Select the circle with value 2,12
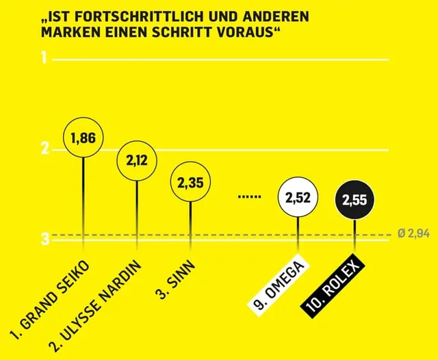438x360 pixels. click(x=137, y=160)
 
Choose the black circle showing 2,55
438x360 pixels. click(x=355, y=201)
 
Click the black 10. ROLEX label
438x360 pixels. click(x=335, y=287)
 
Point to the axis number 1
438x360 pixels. click(x=44, y=59)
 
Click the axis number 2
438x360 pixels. click(x=44, y=149)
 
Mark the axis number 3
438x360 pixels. click(x=44, y=239)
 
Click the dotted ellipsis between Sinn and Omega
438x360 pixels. click(x=250, y=196)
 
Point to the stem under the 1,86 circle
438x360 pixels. click(x=83, y=198)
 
